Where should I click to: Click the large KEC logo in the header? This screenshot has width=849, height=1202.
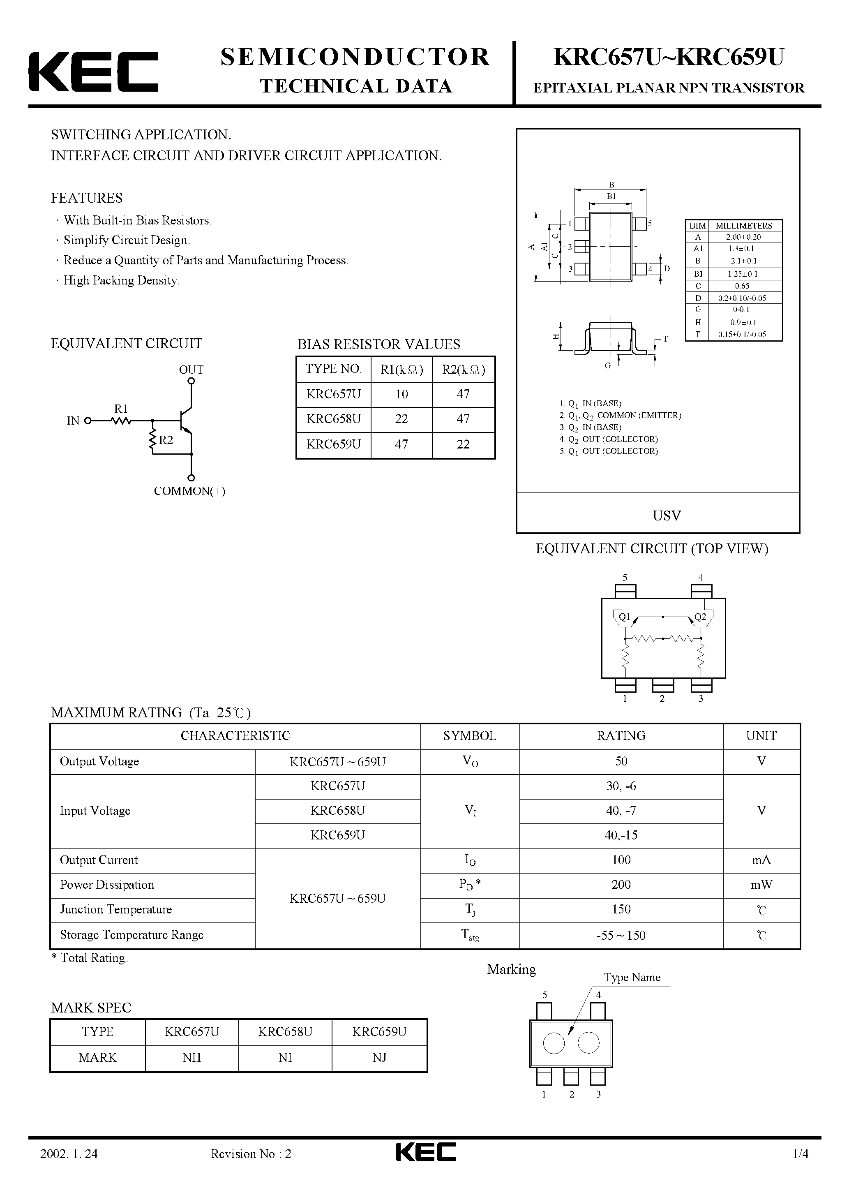[93, 72]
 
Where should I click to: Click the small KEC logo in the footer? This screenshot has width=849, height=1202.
[425, 1166]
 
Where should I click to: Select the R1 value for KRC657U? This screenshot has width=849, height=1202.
[401, 394]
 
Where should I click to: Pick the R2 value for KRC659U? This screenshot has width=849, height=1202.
[463, 444]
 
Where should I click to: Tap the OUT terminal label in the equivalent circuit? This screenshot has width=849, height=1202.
[191, 370]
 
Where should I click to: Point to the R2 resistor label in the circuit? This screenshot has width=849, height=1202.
[166, 440]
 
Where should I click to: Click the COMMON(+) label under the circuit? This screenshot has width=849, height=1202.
[189, 491]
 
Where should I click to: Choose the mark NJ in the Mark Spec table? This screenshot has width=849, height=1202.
[379, 1058]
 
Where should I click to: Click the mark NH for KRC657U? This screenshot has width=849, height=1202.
[191, 1058]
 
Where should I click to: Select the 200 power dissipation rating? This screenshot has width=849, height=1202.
[621, 885]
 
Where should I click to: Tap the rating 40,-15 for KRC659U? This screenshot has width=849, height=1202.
[621, 835]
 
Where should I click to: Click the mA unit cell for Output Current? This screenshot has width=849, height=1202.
[761, 860]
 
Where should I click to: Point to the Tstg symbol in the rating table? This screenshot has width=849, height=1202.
[470, 935]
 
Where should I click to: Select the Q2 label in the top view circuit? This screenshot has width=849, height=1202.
[700, 617]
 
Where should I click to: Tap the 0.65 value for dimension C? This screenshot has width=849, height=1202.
[742, 286]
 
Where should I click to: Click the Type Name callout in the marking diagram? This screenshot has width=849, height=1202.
[632, 978]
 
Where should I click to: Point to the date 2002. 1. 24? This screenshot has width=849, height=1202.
[69, 1168]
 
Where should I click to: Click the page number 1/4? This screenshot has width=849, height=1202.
[801, 1168]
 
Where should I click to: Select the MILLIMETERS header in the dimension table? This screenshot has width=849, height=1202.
[744, 226]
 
